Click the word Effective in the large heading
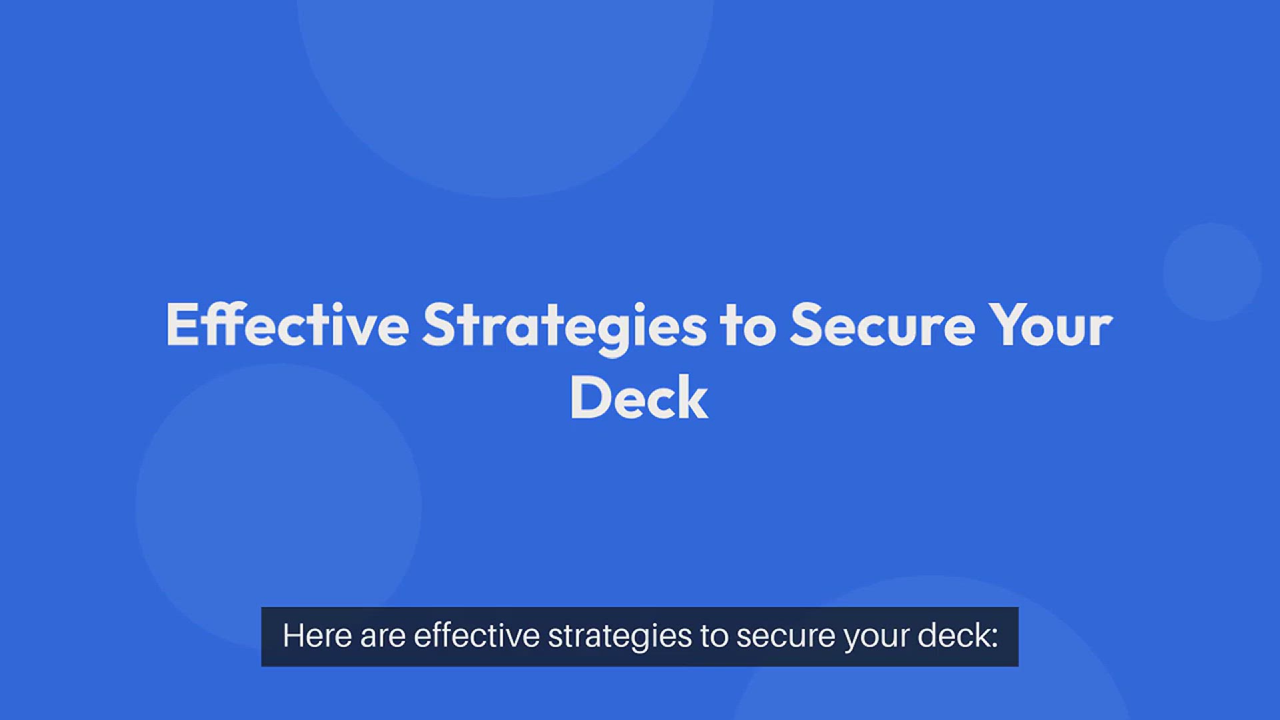pos(287,325)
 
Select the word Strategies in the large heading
pos(565,328)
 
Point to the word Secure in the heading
pos(883,325)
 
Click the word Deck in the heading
pos(639,397)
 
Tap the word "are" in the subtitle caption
pos(383,639)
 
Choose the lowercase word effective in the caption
pos(477,635)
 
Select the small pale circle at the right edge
pos(1212,272)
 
